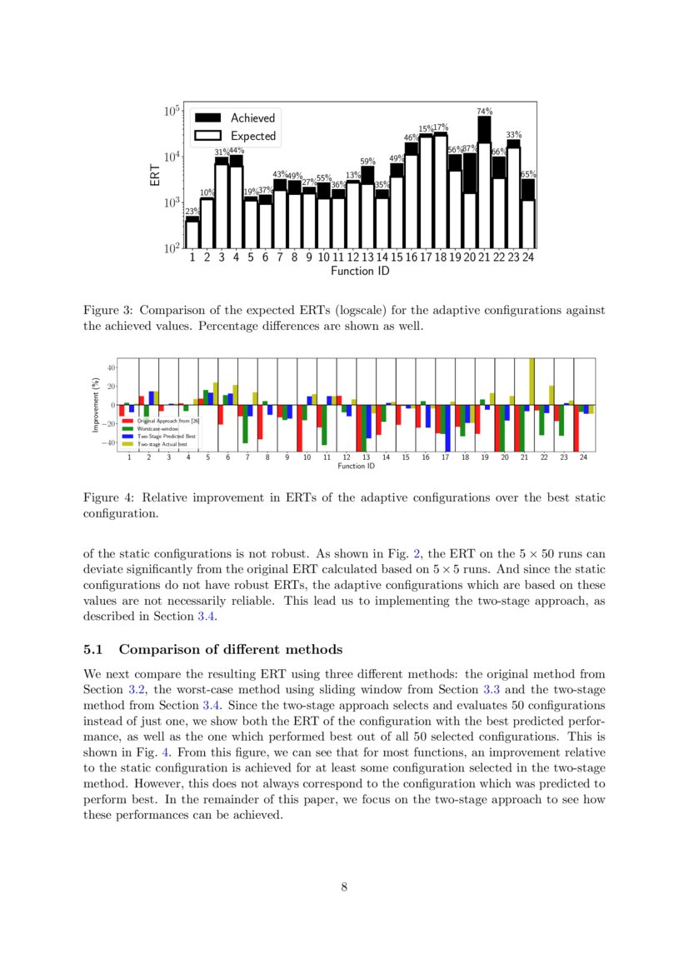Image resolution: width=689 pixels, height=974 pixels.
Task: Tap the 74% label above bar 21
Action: tap(484, 111)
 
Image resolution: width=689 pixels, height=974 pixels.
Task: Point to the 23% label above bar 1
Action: tap(192, 212)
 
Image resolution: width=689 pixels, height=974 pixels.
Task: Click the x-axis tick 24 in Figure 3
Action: tap(528, 258)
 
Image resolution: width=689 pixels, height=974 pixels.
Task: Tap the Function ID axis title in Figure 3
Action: tap(360, 272)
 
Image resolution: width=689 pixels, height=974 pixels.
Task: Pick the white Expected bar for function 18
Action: tap(441, 192)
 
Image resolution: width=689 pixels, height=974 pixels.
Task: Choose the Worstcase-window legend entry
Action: tap(154, 429)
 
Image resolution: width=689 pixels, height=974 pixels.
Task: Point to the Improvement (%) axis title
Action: tap(96, 405)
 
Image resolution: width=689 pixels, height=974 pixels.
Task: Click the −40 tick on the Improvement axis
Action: tap(108, 442)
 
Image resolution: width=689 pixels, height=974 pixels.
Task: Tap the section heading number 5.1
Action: tap(94, 650)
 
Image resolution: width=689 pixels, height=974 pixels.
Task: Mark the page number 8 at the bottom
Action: tap(344, 887)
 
